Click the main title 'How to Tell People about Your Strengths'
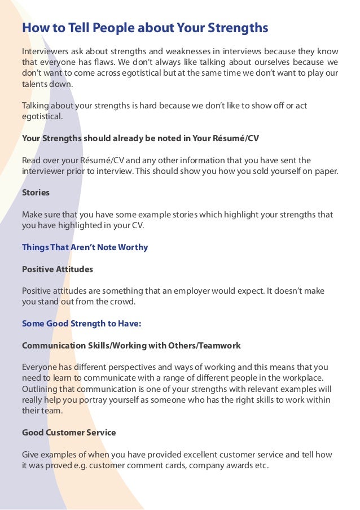(144, 28)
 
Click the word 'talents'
(35, 84)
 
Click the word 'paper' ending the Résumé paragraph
(325, 171)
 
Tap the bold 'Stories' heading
(36, 193)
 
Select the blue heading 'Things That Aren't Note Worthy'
(85, 247)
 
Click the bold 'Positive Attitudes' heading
(57, 269)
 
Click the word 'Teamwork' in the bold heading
(221, 345)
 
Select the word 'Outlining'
(39, 389)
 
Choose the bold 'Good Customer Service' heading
(69, 433)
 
